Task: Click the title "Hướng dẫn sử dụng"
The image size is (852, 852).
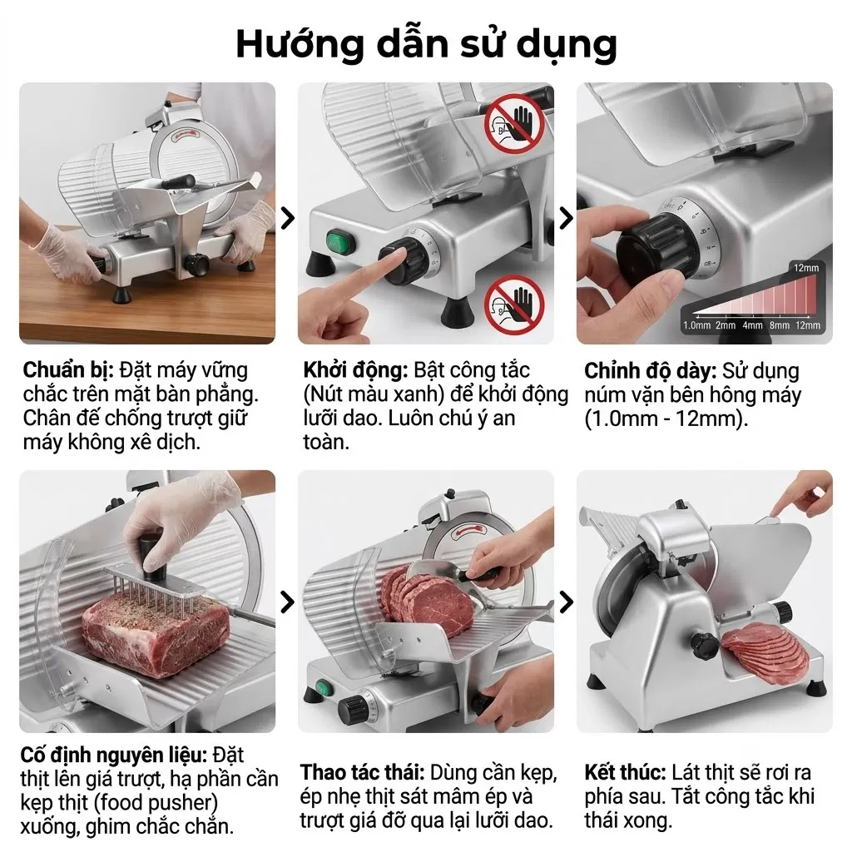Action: (427, 45)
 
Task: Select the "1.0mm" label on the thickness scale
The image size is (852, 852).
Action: (696, 325)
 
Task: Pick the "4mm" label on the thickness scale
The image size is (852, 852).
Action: (752, 325)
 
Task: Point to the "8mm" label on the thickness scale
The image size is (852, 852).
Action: (779, 325)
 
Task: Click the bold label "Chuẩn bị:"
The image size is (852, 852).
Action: (68, 370)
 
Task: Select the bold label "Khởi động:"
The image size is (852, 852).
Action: (355, 370)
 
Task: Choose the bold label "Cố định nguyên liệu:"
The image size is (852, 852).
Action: (113, 755)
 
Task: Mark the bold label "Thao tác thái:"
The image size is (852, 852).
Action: (363, 772)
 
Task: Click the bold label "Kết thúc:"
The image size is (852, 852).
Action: (625, 772)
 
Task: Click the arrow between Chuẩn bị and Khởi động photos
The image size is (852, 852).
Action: (287, 218)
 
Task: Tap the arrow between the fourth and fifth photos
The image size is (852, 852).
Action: (287, 602)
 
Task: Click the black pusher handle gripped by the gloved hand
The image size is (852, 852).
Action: (152, 557)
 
